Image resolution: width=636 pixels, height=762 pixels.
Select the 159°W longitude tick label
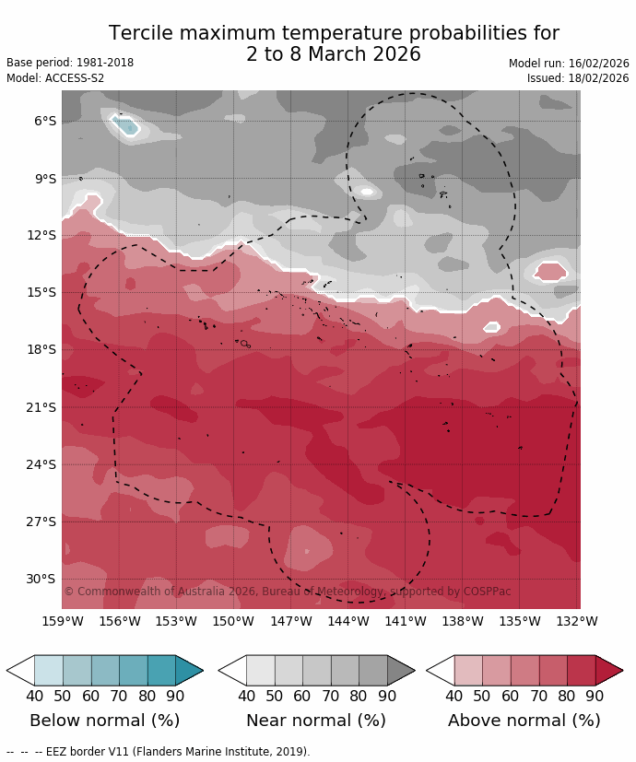[x=62, y=621]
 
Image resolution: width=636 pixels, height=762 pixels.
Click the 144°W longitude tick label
[x=347, y=621]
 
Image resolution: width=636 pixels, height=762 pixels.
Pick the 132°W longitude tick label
[x=576, y=621]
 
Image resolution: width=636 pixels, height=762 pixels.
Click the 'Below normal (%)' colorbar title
[x=104, y=721]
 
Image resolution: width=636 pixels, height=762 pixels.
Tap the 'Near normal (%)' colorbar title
[x=315, y=721]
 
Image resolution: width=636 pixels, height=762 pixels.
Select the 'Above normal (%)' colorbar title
[x=524, y=721]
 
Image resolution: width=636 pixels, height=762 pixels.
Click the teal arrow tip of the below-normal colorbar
[x=191, y=670]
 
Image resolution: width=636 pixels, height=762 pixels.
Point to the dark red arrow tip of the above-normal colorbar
[x=610, y=670]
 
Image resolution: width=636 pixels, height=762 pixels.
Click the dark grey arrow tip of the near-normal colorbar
[x=402, y=670]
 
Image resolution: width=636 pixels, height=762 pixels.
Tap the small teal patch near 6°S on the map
[x=125, y=124]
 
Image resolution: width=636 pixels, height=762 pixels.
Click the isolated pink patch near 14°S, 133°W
[x=550, y=271]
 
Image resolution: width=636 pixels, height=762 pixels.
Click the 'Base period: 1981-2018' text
[x=70, y=63]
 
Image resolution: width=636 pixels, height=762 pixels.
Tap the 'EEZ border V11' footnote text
[x=175, y=752]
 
